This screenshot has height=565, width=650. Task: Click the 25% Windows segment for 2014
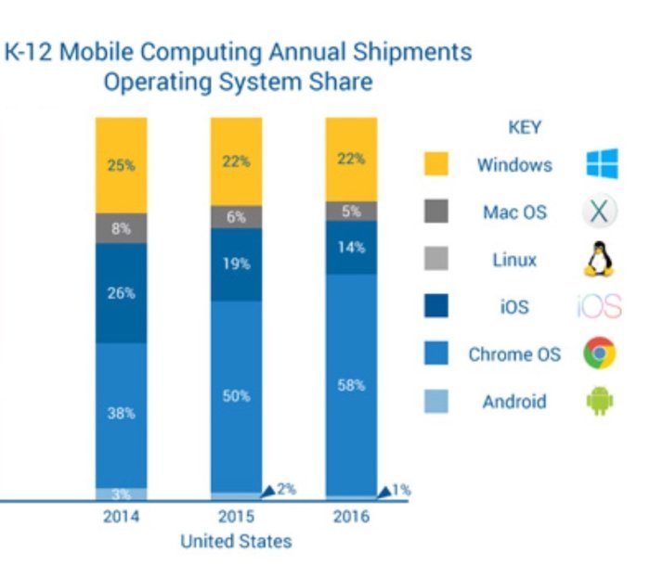pos(122,165)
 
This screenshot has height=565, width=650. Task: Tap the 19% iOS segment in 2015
pos(237,264)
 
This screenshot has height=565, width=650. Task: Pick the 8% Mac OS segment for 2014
pos(122,228)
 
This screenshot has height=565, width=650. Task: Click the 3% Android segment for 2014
pos(122,494)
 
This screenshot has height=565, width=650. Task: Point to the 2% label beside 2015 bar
pos(285,489)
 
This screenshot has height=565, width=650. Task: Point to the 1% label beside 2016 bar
pos(400,489)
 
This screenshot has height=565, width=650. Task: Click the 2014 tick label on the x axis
pos(122,517)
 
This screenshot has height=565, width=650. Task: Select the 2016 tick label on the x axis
pos(352,517)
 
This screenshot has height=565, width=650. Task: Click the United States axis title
pos(236,541)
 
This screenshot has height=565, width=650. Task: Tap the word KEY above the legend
pos(525,128)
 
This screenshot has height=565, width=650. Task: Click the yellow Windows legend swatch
pos(435,165)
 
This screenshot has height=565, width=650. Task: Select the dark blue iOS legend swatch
pos(435,306)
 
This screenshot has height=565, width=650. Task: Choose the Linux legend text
pos(514,260)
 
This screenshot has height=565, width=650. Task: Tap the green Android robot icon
pos(600,402)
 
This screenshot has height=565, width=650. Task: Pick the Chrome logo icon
pos(600,353)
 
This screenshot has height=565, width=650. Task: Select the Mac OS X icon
pos(600,212)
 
